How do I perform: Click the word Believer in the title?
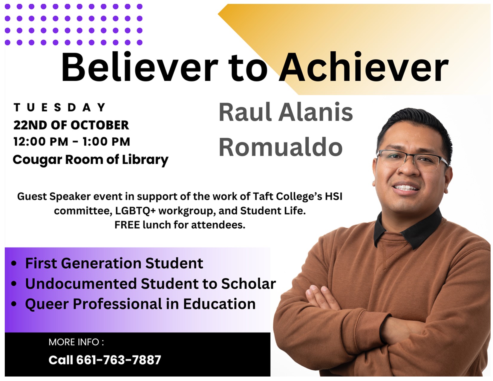[x=140, y=66]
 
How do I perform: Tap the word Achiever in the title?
[x=364, y=66]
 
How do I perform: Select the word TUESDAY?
[x=60, y=107]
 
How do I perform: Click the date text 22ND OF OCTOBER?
[x=71, y=125]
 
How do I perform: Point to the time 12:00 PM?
[x=41, y=142]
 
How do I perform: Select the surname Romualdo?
[x=281, y=147]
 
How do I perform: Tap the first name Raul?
[x=245, y=112]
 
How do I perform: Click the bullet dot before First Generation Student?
[x=14, y=264]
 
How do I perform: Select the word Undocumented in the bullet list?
[x=81, y=284]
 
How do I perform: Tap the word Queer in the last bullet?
[x=47, y=304]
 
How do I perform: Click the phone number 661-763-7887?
[x=118, y=360]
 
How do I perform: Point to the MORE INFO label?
[x=76, y=342]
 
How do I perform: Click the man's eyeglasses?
[x=412, y=160]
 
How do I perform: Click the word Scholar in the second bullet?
[x=249, y=284]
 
